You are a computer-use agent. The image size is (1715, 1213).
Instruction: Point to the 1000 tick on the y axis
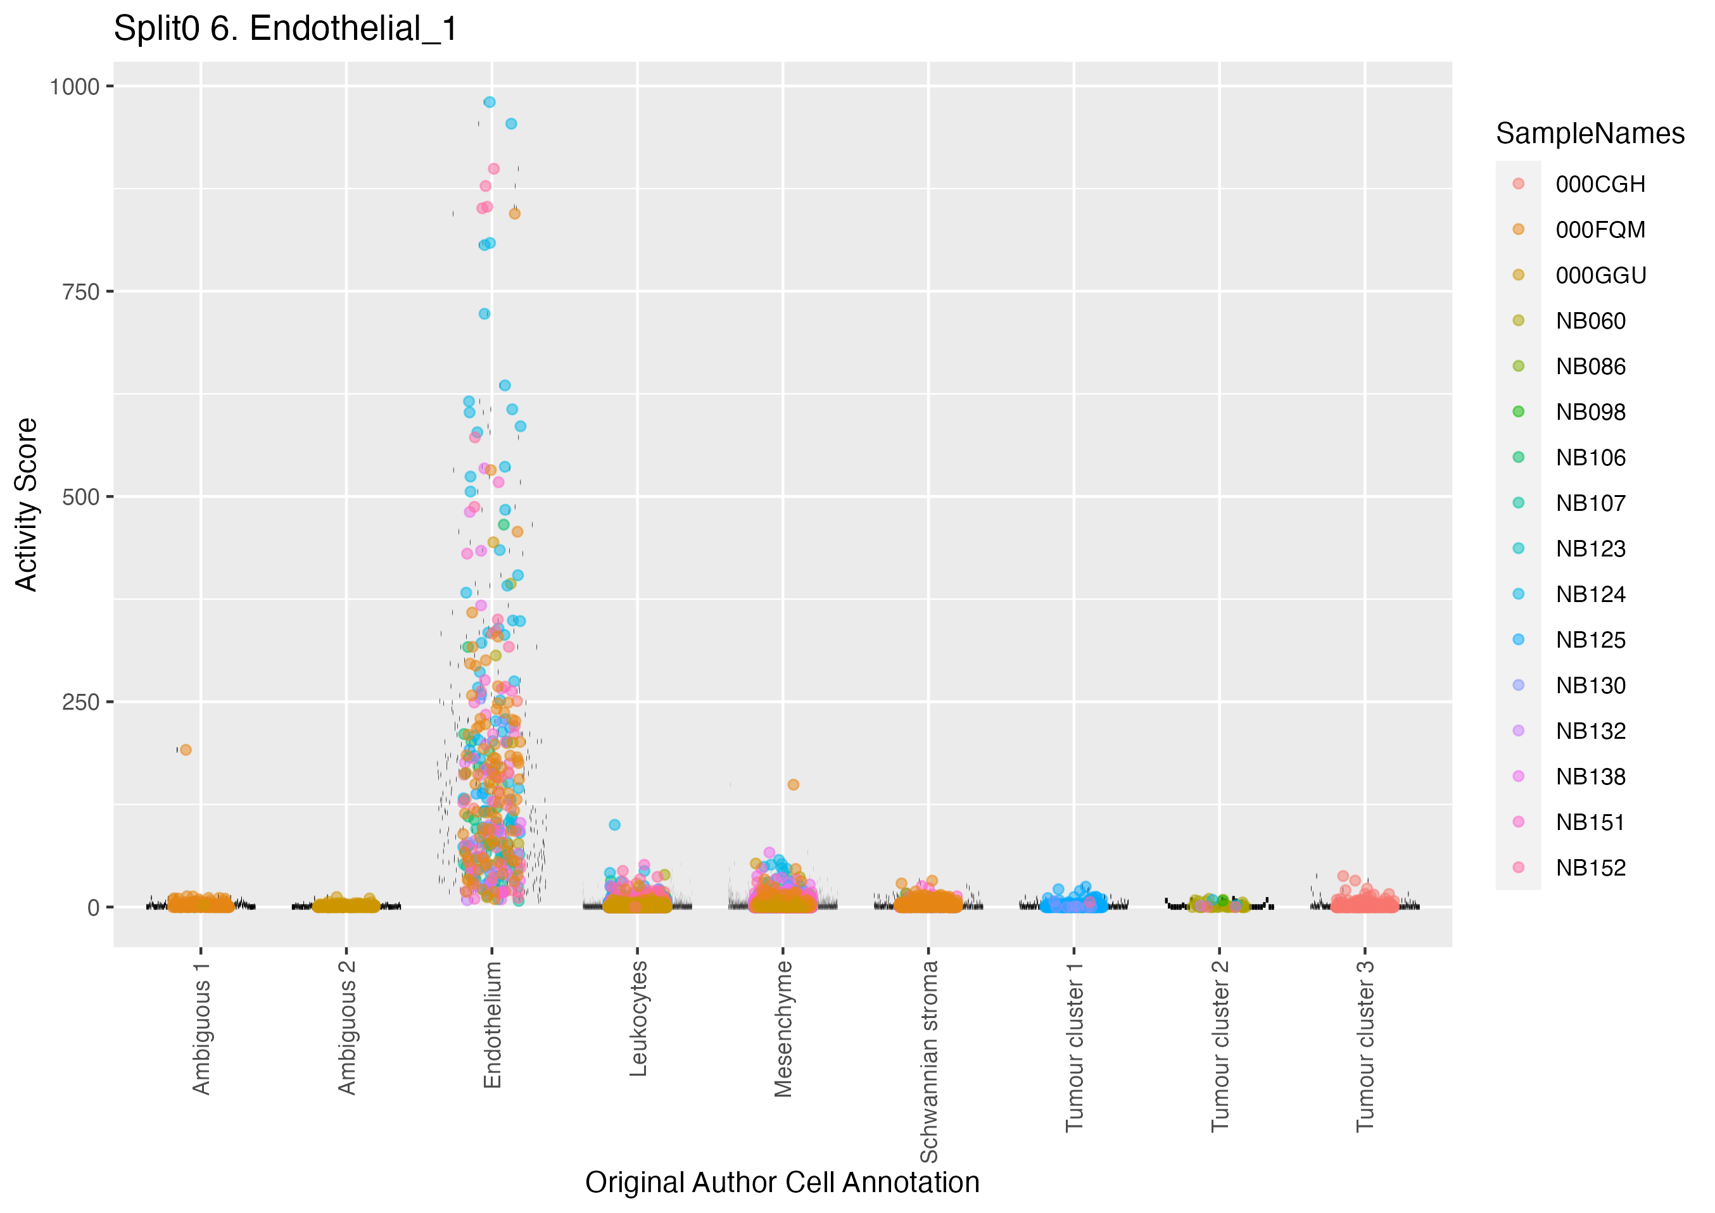coord(74,87)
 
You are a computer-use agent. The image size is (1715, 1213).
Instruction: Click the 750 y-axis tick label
coord(80,291)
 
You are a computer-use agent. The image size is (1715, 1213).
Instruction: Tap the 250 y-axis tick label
coord(80,702)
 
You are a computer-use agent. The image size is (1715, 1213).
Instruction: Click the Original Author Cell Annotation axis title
coord(782,1183)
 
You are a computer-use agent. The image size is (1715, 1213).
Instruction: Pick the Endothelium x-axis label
coord(492,1024)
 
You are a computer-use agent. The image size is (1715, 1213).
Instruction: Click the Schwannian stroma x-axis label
coord(928,1061)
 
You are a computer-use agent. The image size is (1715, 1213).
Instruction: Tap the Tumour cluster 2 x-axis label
coord(1219,1046)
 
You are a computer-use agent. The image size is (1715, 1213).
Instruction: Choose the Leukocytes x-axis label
coord(638,1018)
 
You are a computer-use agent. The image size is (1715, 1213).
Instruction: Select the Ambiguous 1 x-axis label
coord(201,1028)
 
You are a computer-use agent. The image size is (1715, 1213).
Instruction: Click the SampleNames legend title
coord(1590,134)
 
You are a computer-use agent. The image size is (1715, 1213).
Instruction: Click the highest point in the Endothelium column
coord(490,103)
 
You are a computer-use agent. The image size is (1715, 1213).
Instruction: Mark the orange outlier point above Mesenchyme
coord(794,785)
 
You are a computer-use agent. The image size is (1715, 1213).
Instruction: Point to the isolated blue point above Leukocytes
coord(615,826)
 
